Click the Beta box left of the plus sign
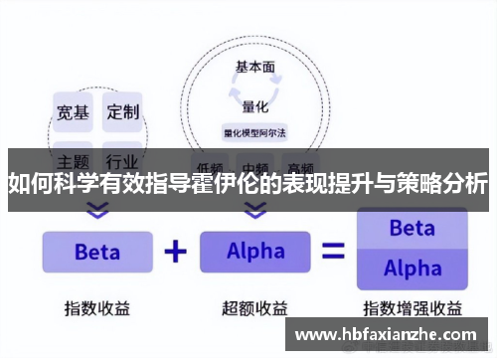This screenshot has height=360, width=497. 96,252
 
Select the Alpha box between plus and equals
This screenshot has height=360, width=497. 255,252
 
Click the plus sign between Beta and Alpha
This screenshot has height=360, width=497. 175,251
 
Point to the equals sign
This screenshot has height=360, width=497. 333,252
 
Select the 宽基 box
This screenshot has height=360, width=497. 73,111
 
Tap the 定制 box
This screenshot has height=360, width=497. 123,111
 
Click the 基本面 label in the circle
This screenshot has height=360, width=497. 255,68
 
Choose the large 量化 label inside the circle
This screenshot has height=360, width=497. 255,106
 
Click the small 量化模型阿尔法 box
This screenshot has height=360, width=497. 255,131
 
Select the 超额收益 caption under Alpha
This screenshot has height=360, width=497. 255,306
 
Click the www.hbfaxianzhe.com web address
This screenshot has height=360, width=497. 389,335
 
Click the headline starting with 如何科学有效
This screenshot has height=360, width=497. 248,184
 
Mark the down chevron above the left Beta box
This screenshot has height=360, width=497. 96,210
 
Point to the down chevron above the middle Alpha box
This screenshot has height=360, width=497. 255,210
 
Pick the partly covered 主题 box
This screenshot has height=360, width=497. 73,159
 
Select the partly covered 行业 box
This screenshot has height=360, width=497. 123,159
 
